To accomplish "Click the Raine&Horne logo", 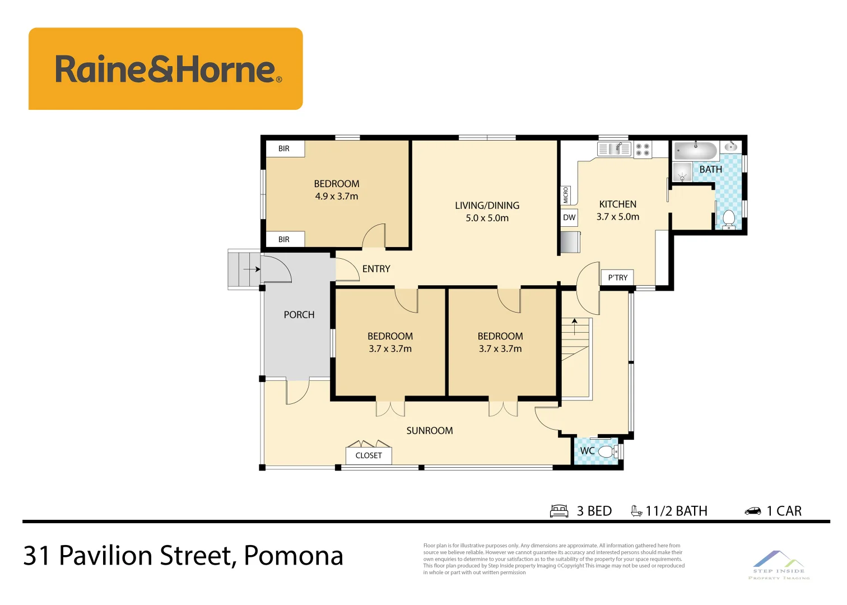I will [166, 69].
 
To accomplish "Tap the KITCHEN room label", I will [617, 204].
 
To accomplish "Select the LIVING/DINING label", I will [487, 206].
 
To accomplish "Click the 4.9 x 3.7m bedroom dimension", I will [336, 197].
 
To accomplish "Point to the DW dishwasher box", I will [569, 217].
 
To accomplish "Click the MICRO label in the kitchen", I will [566, 196].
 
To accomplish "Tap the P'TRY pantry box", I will [617, 277].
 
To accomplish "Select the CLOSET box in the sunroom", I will [369, 455].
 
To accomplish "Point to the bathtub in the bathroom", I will [695, 151].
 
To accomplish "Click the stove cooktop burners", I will [643, 150].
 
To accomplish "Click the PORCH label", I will [299, 315].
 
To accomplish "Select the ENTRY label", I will [376, 269].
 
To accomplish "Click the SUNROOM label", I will [430, 431].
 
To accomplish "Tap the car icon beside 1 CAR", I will [752, 511].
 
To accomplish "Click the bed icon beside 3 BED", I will [559, 511].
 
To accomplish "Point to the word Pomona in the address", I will [294, 556].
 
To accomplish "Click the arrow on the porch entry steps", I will [252, 269].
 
